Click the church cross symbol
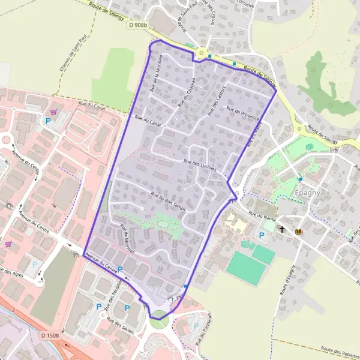click(x=282, y=229)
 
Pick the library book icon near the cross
click(x=298, y=230)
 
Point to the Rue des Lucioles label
click(x=200, y=164)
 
